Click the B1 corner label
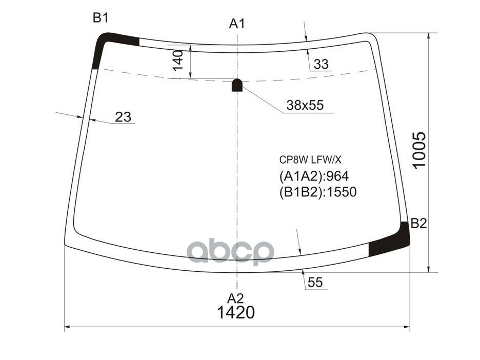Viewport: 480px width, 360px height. click(100, 18)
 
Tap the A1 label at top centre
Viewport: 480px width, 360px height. click(237, 24)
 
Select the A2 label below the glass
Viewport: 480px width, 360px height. click(236, 298)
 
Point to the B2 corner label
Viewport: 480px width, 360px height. click(418, 224)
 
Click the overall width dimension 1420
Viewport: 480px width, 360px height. click(236, 312)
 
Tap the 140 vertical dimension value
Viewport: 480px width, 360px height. click(177, 61)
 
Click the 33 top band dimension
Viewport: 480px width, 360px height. click(321, 65)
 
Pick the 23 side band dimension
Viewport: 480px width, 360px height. click(123, 117)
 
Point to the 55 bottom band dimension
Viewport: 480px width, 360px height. click(316, 283)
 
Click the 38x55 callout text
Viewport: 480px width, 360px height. click(305, 106)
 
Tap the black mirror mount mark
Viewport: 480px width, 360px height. click(237, 85)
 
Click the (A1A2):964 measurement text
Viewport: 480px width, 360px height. click(314, 176)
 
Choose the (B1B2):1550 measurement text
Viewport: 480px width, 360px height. click(317, 192)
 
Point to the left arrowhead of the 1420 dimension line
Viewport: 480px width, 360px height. click(66, 327)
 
